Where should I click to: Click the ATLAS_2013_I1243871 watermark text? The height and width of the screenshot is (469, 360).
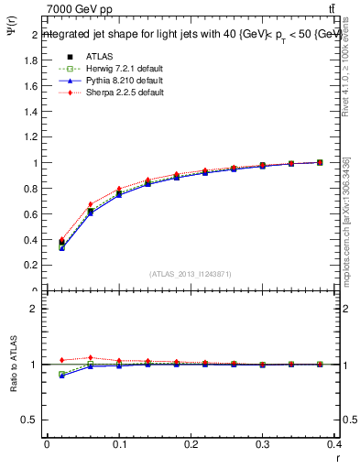click(190, 275)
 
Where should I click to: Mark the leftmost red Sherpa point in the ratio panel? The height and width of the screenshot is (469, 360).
click(61, 360)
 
